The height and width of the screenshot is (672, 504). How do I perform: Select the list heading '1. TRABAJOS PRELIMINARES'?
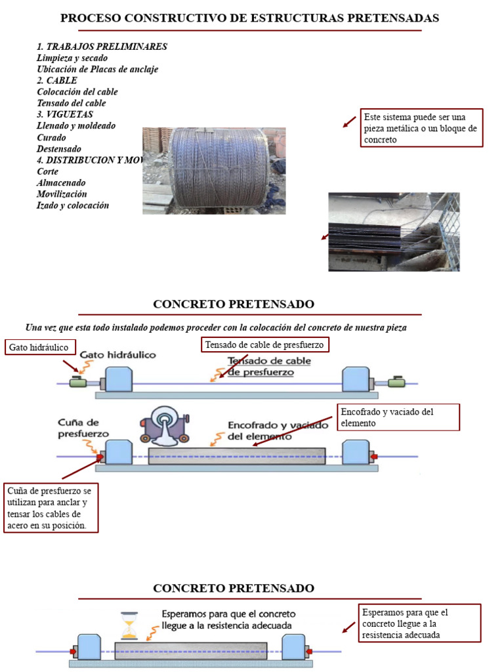pos(102,47)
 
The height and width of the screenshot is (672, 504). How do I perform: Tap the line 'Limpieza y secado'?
pos(72,58)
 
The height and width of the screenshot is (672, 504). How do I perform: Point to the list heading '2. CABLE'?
pos(57,80)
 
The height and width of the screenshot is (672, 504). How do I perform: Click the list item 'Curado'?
pos(51,138)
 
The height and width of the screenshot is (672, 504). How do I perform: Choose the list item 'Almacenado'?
pos(61,182)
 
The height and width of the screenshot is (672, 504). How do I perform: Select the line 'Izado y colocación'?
pos(73,205)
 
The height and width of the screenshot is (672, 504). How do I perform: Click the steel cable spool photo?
pos(214,171)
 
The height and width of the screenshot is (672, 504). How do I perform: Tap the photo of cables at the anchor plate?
pos(394,232)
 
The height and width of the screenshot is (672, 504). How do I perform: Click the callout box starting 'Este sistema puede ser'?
pos(422,128)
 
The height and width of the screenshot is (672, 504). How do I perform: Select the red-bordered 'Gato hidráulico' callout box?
pos(40,347)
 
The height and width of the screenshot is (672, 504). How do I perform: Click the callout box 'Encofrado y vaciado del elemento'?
pos(398,417)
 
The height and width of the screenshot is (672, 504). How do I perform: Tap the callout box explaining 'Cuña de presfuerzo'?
pos(51,509)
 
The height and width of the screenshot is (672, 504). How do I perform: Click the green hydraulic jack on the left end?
pos(79,382)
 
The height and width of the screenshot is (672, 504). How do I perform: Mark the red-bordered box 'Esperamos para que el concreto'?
pos(420,623)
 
